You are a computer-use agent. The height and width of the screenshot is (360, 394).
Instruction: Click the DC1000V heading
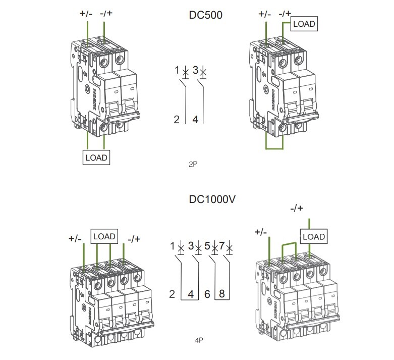212,199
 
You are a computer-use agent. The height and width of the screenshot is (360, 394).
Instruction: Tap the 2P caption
192,164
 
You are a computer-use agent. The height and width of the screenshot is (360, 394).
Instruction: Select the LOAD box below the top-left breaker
96,157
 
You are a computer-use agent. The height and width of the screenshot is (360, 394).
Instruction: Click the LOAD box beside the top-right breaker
305,24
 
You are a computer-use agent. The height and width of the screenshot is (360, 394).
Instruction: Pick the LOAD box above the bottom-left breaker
104,236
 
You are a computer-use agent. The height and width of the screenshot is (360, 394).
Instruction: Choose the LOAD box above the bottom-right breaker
313,236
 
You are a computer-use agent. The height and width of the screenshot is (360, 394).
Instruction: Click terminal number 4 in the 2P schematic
195,120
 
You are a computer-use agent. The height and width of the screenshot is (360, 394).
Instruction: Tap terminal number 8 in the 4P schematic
222,293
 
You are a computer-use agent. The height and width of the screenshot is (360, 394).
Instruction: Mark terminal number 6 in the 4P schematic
207,293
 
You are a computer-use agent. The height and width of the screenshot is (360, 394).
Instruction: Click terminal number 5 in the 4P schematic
207,246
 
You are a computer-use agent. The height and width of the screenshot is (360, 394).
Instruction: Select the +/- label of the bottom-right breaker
261,232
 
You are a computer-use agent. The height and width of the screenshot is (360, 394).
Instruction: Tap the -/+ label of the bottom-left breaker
135,238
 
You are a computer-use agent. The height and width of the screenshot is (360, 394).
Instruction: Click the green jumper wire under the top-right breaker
274,149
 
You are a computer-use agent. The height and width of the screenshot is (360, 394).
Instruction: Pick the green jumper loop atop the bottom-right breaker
288,244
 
